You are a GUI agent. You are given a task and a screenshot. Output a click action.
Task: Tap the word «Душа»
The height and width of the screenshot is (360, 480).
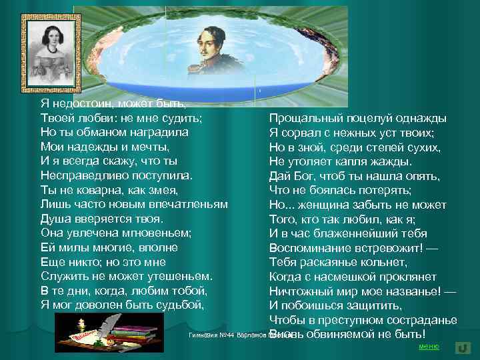tap(55, 219)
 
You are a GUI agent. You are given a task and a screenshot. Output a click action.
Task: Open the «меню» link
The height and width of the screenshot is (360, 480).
tap(428, 347)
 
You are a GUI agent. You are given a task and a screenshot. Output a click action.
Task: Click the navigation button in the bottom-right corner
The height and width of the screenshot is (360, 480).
tap(463, 347)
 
